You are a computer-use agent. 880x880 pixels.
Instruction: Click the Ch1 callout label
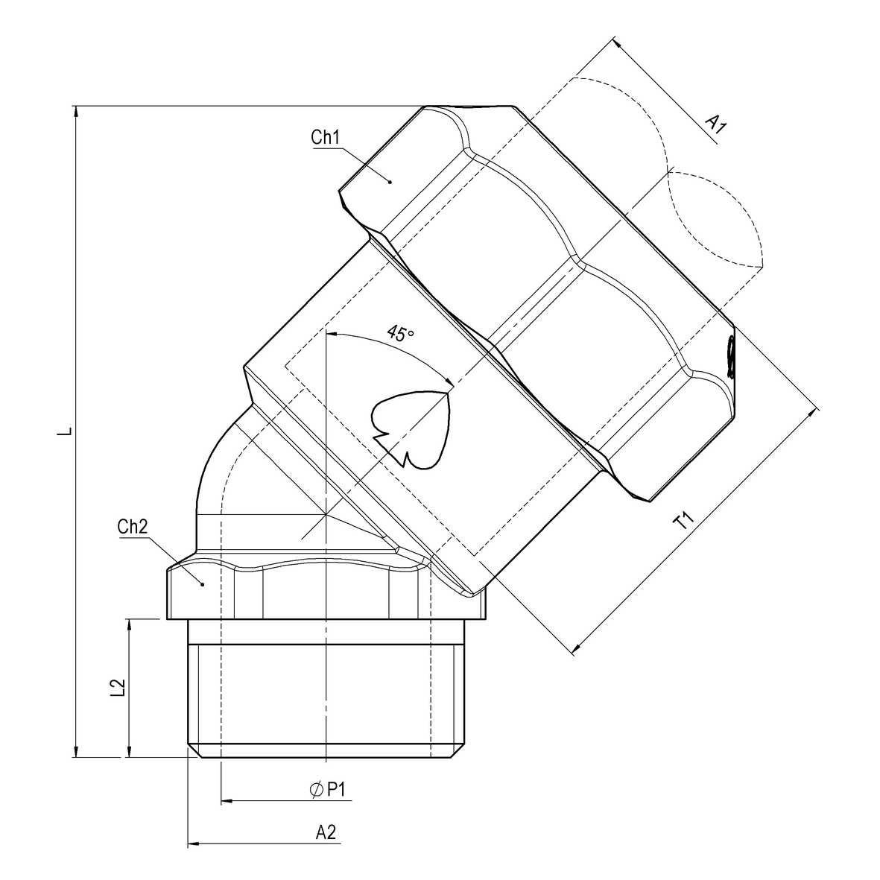click(325, 138)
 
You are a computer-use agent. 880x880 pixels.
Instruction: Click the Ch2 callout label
click(132, 527)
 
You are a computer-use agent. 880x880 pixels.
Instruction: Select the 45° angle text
click(400, 334)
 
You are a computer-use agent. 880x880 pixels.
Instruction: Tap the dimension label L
click(66, 431)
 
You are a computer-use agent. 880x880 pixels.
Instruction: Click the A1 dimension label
click(716, 124)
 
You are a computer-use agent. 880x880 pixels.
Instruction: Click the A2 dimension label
click(326, 832)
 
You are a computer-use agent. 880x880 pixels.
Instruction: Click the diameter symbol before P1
click(315, 789)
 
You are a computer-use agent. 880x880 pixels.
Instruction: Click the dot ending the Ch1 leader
click(390, 180)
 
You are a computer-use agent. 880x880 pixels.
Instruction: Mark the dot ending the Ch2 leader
click(202, 584)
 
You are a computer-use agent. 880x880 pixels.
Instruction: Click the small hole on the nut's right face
click(732, 355)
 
